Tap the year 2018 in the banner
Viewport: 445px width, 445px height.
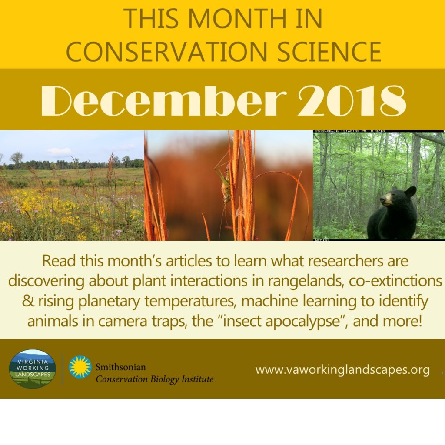(x=352, y=100)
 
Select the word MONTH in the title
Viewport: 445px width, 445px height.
(x=237, y=18)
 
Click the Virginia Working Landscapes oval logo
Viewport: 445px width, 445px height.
(x=32, y=369)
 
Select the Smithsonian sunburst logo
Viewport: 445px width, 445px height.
(x=80, y=367)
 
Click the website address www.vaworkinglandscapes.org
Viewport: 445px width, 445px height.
(x=342, y=370)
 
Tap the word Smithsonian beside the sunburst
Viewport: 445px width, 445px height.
(x=121, y=367)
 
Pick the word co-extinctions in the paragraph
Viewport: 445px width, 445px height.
(x=395, y=281)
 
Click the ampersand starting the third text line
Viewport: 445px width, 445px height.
(x=28, y=301)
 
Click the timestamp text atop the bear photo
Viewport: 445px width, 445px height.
(x=349, y=131)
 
